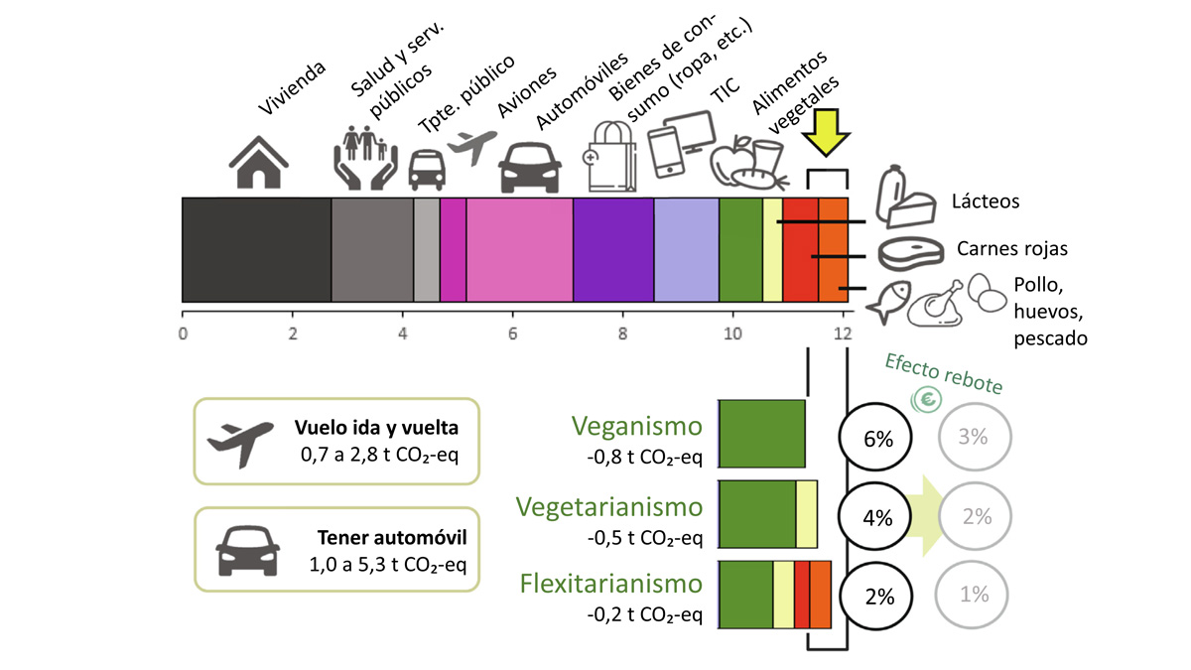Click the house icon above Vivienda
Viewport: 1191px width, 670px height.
click(259, 162)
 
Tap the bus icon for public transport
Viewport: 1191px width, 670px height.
click(427, 169)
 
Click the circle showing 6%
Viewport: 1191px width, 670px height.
click(879, 438)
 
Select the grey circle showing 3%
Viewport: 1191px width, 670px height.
click(975, 437)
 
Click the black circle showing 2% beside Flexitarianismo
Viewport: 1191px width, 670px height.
click(879, 596)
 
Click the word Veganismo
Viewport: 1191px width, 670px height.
click(636, 427)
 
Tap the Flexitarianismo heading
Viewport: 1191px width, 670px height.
click(611, 583)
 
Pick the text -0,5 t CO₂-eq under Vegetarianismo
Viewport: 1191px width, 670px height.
click(643, 538)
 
